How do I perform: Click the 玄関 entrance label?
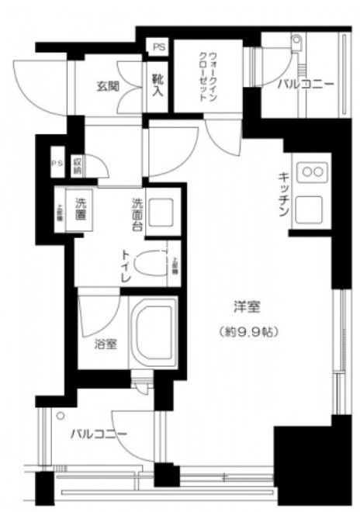tap(108, 86)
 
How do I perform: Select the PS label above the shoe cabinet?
tap(158, 48)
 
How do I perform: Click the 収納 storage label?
tap(78, 165)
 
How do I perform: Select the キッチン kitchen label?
tap(284, 193)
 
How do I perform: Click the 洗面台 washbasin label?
tap(137, 216)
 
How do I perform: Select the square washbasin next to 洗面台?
tap(162, 213)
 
